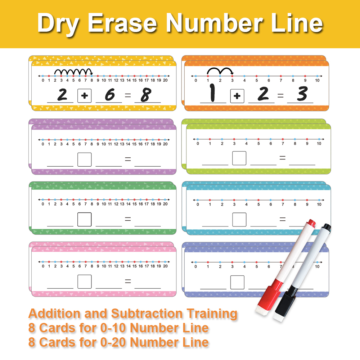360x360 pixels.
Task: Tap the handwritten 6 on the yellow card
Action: click(109, 95)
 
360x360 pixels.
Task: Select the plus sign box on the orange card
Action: click(237, 96)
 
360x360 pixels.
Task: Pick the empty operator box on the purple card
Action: click(84, 159)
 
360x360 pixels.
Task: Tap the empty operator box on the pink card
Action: click(84, 282)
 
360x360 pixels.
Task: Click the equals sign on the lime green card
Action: click(282, 158)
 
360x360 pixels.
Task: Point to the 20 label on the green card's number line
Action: click(165, 204)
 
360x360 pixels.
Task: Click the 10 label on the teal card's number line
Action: click(319, 204)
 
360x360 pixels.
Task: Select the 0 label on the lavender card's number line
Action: click(196, 267)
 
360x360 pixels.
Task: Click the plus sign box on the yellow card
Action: click(84, 96)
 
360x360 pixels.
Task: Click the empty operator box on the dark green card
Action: click(84, 219)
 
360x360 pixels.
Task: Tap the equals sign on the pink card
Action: click(127, 281)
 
